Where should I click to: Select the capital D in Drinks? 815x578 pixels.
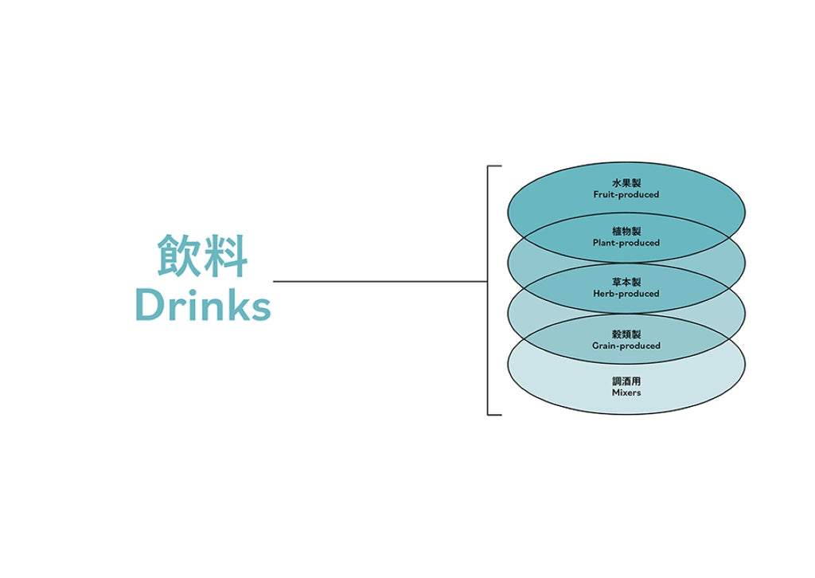coord(149,306)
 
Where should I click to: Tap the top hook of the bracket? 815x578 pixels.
coord(494,166)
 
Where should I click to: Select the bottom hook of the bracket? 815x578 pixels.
coord(494,414)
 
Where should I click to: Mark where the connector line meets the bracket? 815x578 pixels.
coord(488,281)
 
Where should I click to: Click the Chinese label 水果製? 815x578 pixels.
coord(626,183)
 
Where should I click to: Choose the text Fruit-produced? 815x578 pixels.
coord(626,195)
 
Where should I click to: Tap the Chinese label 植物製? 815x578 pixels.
coord(626,232)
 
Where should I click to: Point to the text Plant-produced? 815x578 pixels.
coord(626,243)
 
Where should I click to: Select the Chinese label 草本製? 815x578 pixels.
coord(626,283)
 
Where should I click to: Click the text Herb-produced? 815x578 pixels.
coord(626,294)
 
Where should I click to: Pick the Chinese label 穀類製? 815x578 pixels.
coord(626,334)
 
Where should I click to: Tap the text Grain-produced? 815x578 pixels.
coord(626,346)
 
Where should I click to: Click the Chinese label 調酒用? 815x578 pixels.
coord(626,381)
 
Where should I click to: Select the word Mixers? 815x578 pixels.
coord(626,392)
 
